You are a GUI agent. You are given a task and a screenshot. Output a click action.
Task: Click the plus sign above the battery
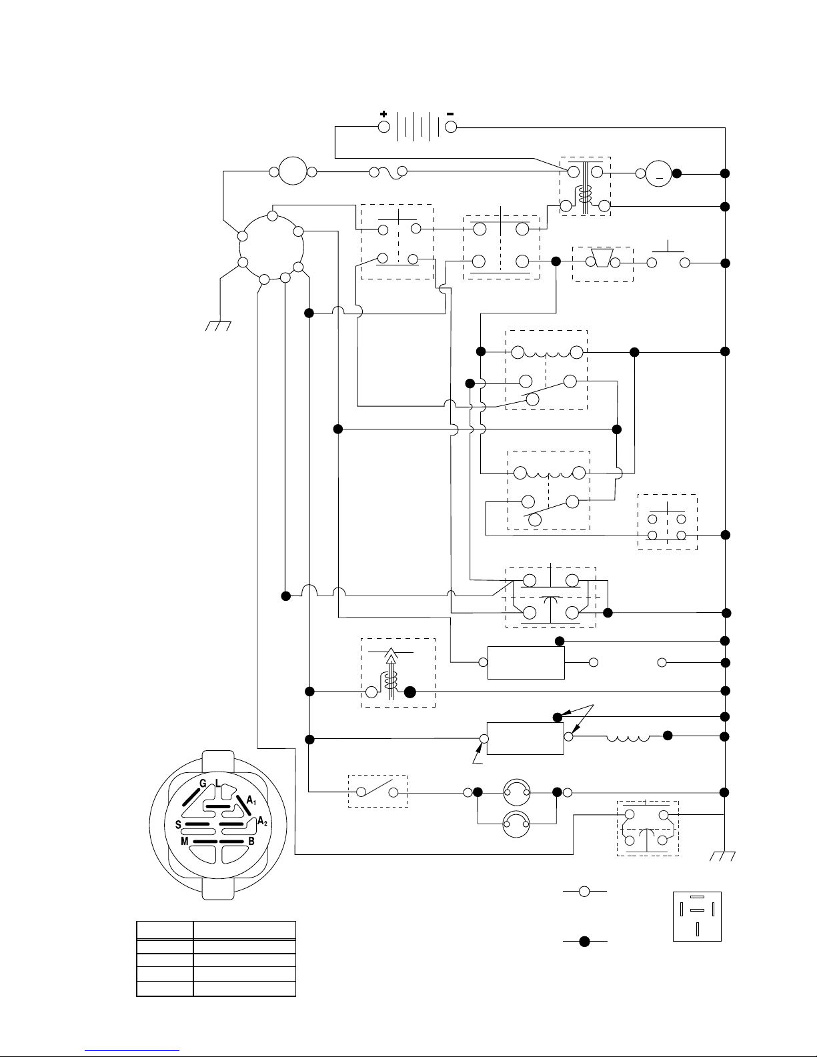tap(383, 114)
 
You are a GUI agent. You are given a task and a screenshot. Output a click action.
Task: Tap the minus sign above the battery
tap(450, 114)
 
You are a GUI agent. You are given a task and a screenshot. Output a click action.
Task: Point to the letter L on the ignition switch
tap(218, 782)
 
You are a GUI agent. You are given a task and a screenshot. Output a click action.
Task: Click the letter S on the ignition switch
tap(178, 824)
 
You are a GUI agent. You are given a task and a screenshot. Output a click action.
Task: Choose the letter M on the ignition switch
tap(184, 842)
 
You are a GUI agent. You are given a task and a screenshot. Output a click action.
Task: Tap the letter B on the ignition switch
tap(251, 842)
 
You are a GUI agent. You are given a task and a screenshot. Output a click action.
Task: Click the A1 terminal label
tap(251, 800)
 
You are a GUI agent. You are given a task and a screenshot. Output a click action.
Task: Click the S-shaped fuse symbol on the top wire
tap(388, 173)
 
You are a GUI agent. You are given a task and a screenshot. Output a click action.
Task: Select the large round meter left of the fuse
tap(291, 171)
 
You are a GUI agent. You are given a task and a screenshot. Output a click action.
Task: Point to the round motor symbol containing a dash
tap(658, 174)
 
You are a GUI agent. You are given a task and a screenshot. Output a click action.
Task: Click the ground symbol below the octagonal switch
tap(218, 325)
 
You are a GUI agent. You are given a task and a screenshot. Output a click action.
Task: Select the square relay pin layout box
tap(697, 916)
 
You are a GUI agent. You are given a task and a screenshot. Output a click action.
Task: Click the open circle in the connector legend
tap(584, 891)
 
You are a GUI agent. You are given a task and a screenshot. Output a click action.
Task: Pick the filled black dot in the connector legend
tap(584, 942)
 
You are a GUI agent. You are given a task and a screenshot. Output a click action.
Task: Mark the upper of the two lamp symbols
tap(517, 792)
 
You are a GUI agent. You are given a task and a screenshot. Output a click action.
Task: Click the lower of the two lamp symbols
tap(517, 824)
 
